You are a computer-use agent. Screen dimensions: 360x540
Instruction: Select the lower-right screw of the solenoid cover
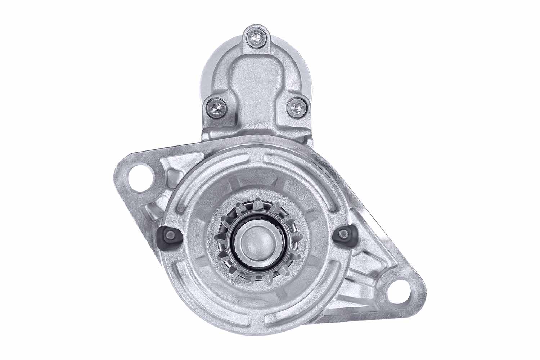[296, 107]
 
